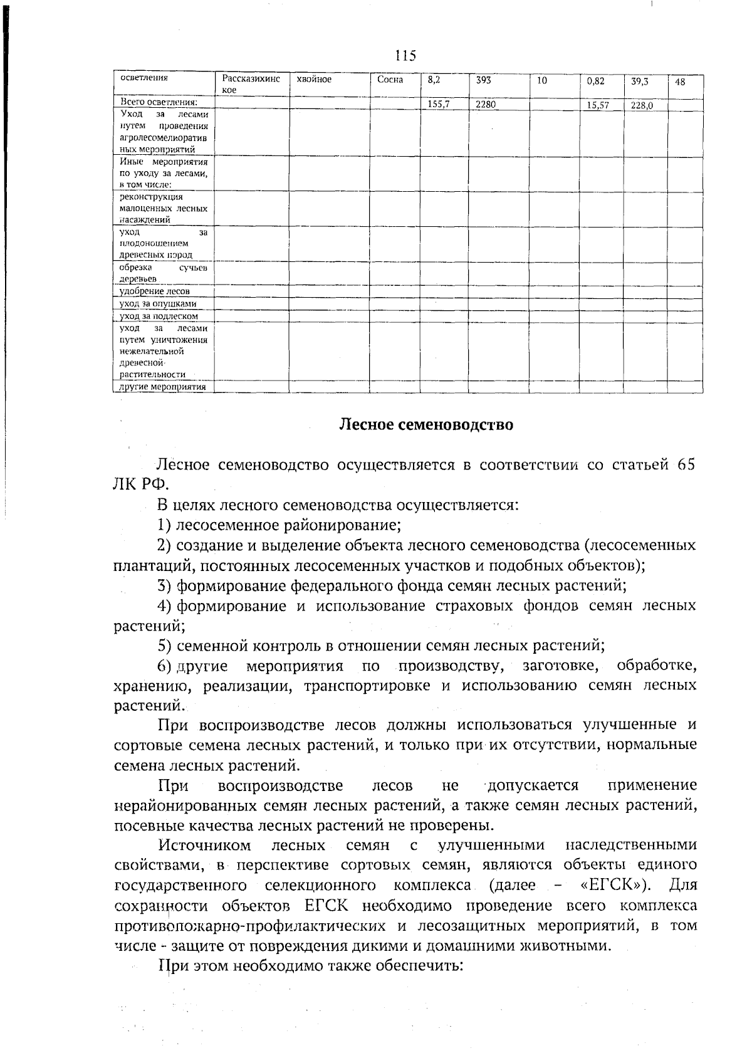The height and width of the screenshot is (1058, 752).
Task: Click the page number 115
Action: click(405, 56)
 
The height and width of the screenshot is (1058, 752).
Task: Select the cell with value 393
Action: click(483, 80)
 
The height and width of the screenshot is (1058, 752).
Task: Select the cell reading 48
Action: click(680, 81)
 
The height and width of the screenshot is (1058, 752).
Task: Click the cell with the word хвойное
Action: click(314, 80)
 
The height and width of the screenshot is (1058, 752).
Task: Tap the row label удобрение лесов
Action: click(155, 291)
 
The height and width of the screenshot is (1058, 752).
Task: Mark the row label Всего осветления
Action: click(159, 102)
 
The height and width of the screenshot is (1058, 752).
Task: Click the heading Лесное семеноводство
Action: click(426, 425)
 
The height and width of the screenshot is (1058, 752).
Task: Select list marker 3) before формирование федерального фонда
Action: click(164, 586)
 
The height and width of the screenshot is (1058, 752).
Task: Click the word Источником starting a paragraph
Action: click(205, 846)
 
